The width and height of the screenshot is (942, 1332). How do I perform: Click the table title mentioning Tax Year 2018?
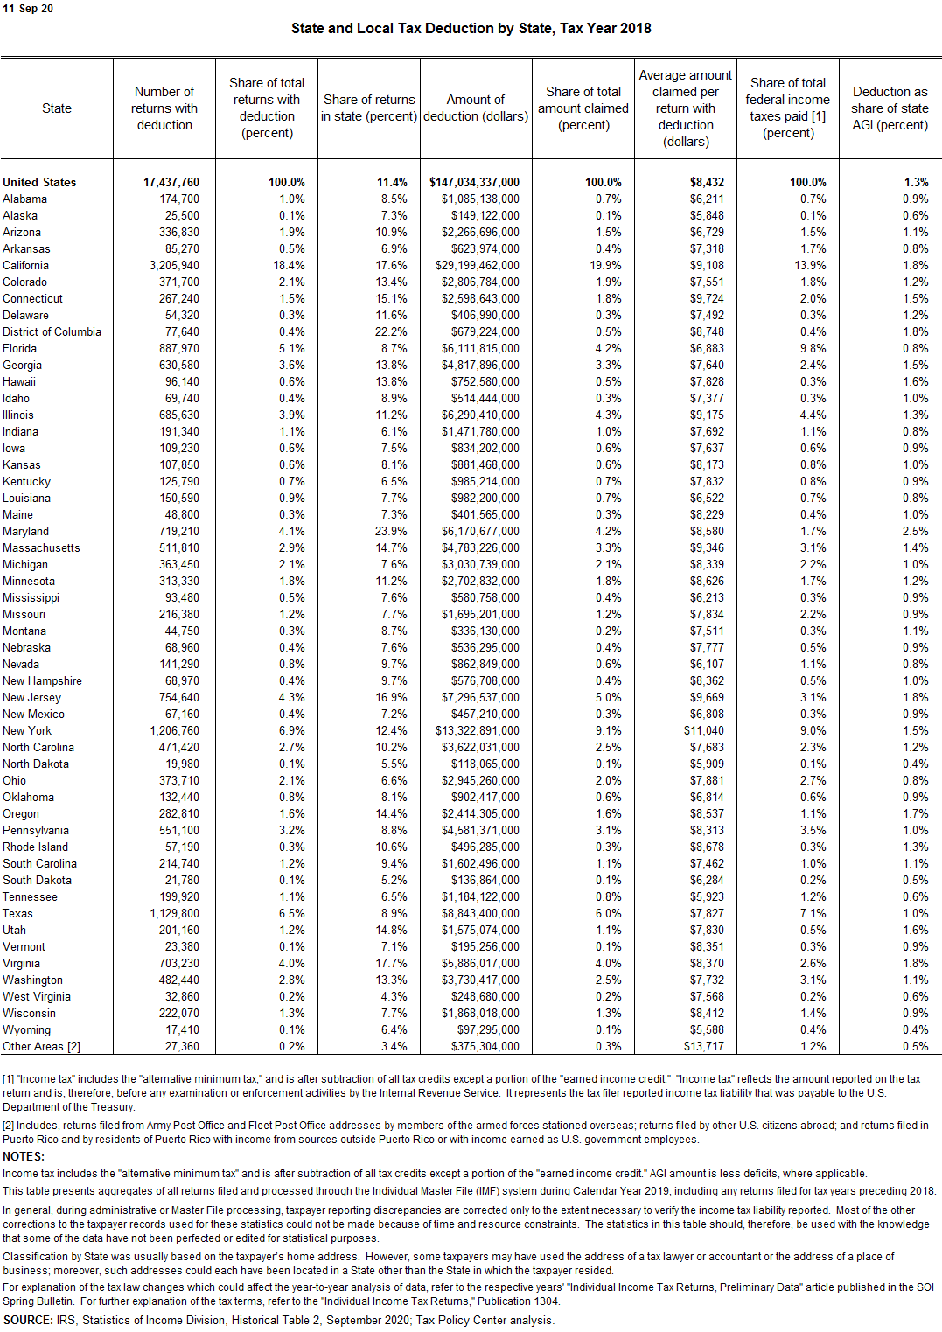pyautogui.click(x=471, y=28)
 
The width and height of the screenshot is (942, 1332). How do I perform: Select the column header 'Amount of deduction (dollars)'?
pyautogui.click(x=476, y=108)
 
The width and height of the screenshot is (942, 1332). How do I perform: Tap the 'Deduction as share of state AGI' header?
pyautogui.click(x=890, y=108)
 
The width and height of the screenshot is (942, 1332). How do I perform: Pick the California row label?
pyautogui.click(x=26, y=266)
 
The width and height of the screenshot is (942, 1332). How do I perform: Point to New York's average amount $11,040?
pyautogui.click(x=703, y=731)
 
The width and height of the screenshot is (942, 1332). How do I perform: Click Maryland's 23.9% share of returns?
pyautogui.click(x=391, y=532)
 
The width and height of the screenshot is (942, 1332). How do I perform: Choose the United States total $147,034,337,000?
pyautogui.click(x=474, y=183)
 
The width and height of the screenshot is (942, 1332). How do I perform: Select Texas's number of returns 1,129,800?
pyautogui.click(x=174, y=914)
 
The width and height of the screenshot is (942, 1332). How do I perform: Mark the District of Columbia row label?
pyautogui.click(x=52, y=332)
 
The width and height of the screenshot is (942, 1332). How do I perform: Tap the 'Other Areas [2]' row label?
pyautogui.click(x=41, y=1047)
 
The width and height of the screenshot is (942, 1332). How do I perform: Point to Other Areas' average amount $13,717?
pyautogui.click(x=703, y=1047)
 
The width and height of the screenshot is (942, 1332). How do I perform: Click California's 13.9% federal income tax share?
pyautogui.click(x=811, y=266)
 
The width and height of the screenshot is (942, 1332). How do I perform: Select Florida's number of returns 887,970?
pyautogui.click(x=179, y=349)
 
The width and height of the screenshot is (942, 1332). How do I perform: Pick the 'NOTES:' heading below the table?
pyautogui.click(x=24, y=1156)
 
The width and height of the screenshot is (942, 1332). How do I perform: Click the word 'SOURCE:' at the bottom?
pyautogui.click(x=28, y=1321)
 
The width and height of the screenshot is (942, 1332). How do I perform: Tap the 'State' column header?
pyautogui.click(x=57, y=108)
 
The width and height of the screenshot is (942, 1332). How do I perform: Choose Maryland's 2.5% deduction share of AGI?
pyautogui.click(x=915, y=532)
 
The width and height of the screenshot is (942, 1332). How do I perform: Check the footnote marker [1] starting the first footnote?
pyautogui.click(x=9, y=1079)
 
